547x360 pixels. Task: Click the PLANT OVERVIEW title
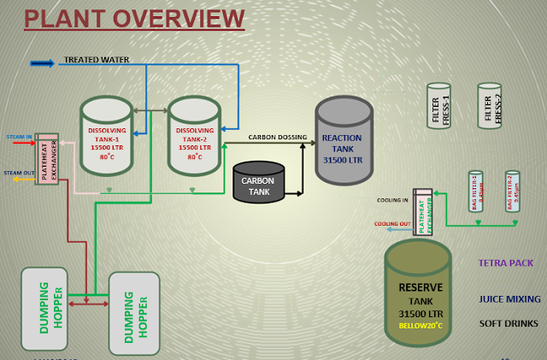(x=133, y=18)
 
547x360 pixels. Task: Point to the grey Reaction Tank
(x=344, y=139)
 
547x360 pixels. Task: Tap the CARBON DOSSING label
(x=275, y=137)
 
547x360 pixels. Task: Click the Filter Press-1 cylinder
(x=438, y=108)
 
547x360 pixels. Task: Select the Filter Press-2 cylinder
(x=490, y=108)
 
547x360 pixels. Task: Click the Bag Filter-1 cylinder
(x=476, y=192)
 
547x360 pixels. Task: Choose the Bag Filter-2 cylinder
(x=513, y=192)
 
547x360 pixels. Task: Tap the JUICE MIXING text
(x=509, y=299)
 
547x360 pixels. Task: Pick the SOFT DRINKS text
(x=509, y=326)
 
